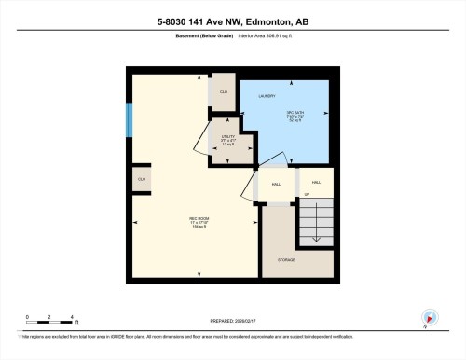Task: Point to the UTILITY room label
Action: pos(227,142)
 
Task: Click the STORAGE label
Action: pos(286,259)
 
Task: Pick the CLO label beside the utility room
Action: pos(224,91)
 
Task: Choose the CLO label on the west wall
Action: pos(142,178)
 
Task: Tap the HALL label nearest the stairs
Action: pos(316,182)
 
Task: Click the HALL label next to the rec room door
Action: pos(277,185)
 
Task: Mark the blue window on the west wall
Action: pos(130,119)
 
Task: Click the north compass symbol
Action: pos(428,317)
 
